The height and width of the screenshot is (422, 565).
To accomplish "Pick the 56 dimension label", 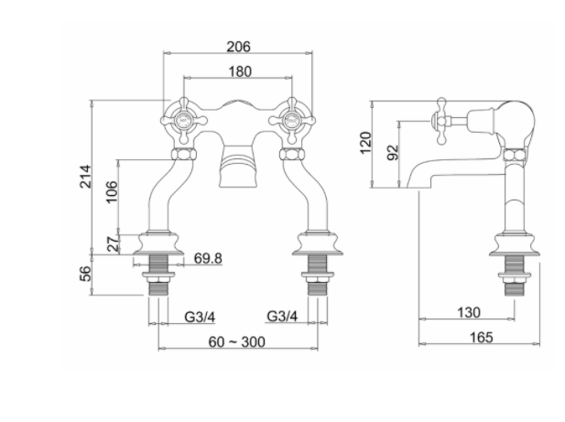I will (x=84, y=274).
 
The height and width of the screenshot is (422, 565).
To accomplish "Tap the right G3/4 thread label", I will (x=282, y=317).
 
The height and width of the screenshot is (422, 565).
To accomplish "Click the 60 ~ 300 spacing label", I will (x=238, y=341).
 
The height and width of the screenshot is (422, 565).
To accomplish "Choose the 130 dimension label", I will (x=468, y=313).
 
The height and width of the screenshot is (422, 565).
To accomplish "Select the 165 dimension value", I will (x=482, y=337).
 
